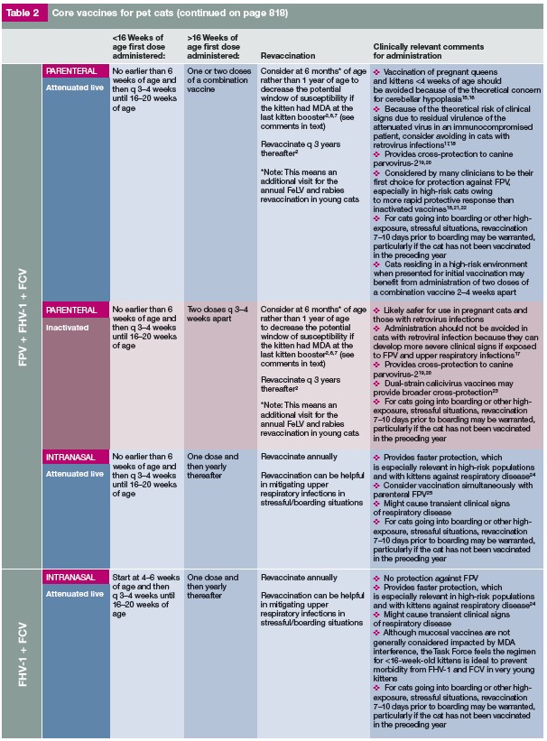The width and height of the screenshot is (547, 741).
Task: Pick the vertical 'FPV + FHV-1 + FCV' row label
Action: (x=21, y=316)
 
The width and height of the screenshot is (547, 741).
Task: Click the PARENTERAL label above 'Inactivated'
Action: (x=71, y=310)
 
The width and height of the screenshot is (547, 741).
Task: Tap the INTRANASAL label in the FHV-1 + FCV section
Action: (x=71, y=576)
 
